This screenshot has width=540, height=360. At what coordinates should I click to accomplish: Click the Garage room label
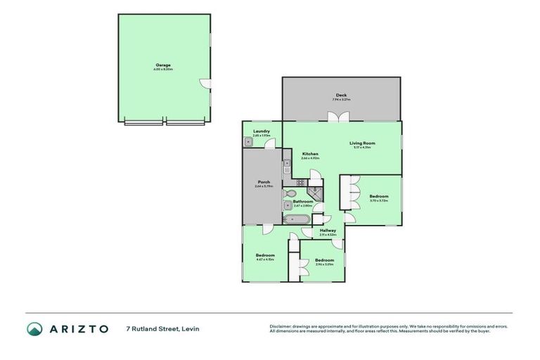pos(163,65)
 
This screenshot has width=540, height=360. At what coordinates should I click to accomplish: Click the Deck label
pos(341,95)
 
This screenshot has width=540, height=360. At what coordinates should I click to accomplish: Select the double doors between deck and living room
pos(341,117)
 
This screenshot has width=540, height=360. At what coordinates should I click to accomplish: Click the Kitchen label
pos(310,153)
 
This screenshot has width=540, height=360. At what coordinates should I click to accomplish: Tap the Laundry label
pos(262,131)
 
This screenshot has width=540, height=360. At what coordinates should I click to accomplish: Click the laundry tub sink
pos(249,141)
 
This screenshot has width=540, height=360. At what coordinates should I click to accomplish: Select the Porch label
pos(264,182)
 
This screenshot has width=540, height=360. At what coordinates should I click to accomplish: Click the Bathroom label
pos(302,201)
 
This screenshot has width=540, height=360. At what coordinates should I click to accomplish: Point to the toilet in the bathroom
pos(290,193)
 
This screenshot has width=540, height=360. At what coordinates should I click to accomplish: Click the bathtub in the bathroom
pos(295,219)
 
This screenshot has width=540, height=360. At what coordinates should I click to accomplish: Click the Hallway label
pos(328,231)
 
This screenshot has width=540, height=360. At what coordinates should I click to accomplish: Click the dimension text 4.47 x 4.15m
pos(265,259)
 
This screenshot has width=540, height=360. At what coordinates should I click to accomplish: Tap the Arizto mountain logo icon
pos(34,328)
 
